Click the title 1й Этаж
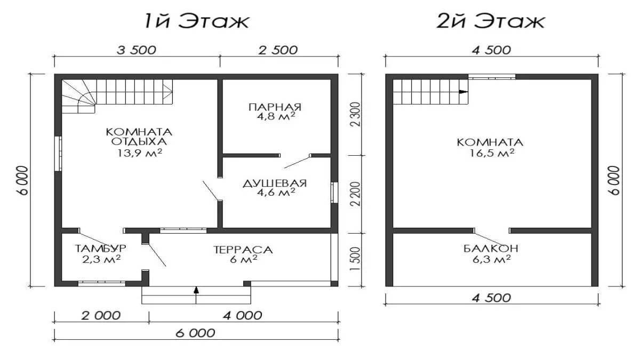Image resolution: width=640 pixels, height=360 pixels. pyautogui.click(x=197, y=21)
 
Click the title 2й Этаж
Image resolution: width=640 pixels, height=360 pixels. pyautogui.click(x=491, y=21)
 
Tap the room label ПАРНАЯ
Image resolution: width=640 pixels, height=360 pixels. pyautogui.click(x=275, y=107)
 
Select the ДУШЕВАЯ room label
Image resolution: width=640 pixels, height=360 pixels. pyautogui.click(x=275, y=183)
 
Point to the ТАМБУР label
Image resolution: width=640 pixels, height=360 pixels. pyautogui.click(x=100, y=249)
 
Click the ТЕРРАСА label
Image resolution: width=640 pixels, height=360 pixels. pyautogui.click(x=243, y=250)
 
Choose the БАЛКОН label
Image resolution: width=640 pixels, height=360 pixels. pyautogui.click(x=491, y=249)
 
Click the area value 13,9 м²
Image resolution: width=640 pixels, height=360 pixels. pyautogui.click(x=140, y=153)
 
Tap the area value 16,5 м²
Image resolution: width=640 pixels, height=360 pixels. pyautogui.click(x=492, y=153)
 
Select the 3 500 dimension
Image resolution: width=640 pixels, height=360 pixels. pyautogui.click(x=137, y=50)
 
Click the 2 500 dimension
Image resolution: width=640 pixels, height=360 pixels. pyautogui.click(x=278, y=50)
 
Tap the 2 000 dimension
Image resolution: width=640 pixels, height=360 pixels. pyautogui.click(x=101, y=316)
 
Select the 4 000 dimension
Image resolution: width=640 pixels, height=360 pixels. pyautogui.click(x=243, y=316)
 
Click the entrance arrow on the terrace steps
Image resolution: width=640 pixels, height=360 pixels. pyautogui.click(x=196, y=295)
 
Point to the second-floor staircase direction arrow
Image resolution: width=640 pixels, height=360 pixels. pyautogui.click(x=463, y=92)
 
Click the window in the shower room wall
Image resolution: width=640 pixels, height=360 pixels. pyautogui.click(x=334, y=193)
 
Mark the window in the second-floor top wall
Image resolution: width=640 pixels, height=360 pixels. pyautogui.click(x=492, y=77)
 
